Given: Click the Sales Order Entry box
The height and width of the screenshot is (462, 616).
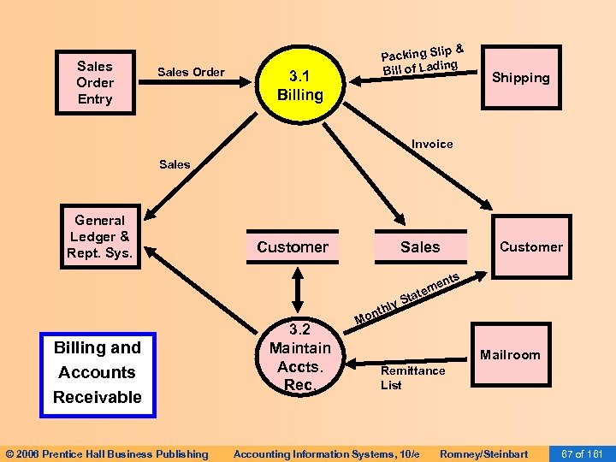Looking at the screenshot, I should (94, 83).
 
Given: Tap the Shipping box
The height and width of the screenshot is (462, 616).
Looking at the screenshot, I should (520, 78).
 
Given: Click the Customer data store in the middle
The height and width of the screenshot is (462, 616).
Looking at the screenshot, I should (293, 247).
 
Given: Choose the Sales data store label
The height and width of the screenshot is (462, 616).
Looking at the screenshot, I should (420, 247).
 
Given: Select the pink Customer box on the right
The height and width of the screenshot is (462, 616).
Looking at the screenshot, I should (530, 247).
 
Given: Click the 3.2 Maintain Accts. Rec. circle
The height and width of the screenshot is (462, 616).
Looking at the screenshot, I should (299, 357).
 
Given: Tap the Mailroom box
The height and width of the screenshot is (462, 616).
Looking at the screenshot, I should (510, 355).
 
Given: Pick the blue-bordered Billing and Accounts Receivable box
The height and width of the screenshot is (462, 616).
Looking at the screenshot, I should (98, 372).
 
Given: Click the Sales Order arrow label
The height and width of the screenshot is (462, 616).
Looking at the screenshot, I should (191, 72).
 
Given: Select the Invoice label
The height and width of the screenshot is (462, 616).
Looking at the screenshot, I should (432, 144).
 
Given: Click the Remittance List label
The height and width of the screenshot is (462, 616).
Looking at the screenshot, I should (412, 377).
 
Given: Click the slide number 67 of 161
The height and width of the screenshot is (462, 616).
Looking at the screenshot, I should (583, 453).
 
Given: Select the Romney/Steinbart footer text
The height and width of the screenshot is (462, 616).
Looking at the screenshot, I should (483, 453).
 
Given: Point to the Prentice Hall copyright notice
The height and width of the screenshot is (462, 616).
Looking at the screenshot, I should (106, 453).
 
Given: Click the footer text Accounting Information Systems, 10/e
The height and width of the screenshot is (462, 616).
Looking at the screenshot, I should (326, 453).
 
